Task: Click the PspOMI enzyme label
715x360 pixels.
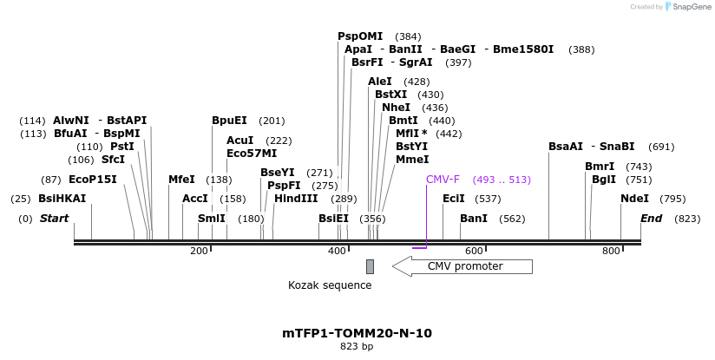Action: (360, 36)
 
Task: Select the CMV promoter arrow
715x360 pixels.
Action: (462, 266)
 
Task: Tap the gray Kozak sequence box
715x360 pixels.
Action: (370, 266)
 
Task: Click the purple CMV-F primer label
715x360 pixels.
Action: (443, 180)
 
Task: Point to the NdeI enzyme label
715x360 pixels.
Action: (634, 199)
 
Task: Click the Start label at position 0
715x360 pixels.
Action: (54, 219)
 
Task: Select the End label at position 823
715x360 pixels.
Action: (652, 219)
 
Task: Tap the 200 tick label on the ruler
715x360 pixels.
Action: (199, 251)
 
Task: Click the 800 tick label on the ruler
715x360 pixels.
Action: (611, 251)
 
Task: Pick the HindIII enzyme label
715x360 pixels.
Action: (296, 199)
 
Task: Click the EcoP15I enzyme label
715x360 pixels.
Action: (92, 180)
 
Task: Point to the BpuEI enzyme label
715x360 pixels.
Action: (229, 121)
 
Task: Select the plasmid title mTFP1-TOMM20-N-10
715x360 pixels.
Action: (357, 333)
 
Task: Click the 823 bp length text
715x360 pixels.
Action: (357, 347)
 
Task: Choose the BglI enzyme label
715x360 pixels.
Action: (604, 180)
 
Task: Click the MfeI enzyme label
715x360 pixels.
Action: (181, 180)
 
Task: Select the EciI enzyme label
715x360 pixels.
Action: (454, 199)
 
